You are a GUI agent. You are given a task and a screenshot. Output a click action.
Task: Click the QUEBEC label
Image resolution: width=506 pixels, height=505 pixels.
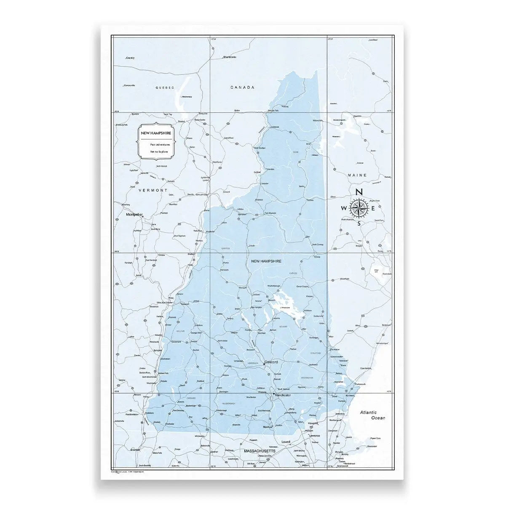coord(164,88)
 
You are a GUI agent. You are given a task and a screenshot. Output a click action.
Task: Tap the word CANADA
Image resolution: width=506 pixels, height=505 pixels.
coord(242,88)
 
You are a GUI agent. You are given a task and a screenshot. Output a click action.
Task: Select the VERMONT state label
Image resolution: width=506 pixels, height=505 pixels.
coord(153,190)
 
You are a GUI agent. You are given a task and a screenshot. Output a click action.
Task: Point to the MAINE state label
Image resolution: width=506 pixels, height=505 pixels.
coord(357,175)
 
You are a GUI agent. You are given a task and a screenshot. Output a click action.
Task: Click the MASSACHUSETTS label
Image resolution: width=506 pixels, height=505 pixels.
coord(260,451)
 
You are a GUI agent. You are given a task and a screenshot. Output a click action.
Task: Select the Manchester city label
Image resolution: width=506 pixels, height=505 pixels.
coord(283,396)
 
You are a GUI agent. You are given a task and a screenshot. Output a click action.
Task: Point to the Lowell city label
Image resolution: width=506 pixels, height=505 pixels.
coord(286,442)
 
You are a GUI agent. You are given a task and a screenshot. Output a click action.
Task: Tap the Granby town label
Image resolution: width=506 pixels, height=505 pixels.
coord(130,58)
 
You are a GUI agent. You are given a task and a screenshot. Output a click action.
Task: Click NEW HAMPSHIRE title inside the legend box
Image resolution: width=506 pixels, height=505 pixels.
coord(156,133)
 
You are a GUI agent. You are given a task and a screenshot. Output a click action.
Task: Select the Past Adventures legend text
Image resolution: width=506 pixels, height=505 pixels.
coord(160,144)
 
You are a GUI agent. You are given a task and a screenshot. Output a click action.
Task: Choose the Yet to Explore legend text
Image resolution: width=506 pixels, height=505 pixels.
coord(159,151)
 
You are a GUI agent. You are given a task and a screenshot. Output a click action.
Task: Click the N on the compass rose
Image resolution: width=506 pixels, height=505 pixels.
coord(359,192)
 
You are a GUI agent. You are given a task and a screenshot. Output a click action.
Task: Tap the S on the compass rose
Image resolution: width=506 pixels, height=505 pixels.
coord(359,223)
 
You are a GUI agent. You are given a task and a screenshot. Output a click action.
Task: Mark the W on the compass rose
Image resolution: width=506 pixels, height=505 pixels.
coord(344,208)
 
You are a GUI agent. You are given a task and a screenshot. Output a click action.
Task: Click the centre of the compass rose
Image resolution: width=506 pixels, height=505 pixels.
coord(359,207)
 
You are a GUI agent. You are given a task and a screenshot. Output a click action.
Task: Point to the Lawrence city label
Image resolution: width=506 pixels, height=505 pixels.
coord(314,436)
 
